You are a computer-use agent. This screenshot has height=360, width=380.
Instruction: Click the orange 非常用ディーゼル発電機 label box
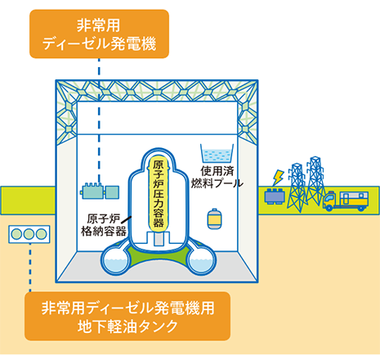click(x=99, y=34)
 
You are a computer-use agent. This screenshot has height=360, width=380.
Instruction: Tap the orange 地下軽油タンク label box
click(x=127, y=316)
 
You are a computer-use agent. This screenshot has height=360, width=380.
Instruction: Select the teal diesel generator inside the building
click(x=100, y=191)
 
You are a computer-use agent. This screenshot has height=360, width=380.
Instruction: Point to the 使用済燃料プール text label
click(x=217, y=178)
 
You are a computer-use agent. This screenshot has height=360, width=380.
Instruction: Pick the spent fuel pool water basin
click(x=217, y=154)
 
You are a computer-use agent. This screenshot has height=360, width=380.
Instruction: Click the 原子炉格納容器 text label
click(x=104, y=225)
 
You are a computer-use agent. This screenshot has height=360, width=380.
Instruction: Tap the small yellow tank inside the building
click(x=215, y=218)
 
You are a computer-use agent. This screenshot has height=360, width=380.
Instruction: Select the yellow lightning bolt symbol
click(x=278, y=178)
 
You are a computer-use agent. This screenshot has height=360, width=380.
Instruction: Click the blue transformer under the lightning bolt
click(x=275, y=196)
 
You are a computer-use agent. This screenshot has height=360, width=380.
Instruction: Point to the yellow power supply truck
click(x=346, y=201)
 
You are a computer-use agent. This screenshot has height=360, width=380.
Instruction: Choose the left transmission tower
click(x=297, y=187)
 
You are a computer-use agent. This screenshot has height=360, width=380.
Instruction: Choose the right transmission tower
click(x=315, y=181)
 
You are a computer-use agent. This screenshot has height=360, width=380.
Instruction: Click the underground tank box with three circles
click(x=29, y=234)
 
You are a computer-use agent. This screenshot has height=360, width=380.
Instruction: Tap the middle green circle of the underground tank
click(x=29, y=234)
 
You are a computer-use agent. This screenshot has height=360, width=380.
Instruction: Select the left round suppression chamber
click(x=115, y=261)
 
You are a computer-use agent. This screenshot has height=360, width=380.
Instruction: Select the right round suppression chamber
click(x=201, y=261)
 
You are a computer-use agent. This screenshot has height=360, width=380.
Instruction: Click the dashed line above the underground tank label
click(x=30, y=268)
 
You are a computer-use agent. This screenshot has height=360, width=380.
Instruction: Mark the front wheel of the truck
click(x=329, y=208)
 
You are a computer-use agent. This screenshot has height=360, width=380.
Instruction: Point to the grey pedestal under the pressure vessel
click(x=158, y=238)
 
